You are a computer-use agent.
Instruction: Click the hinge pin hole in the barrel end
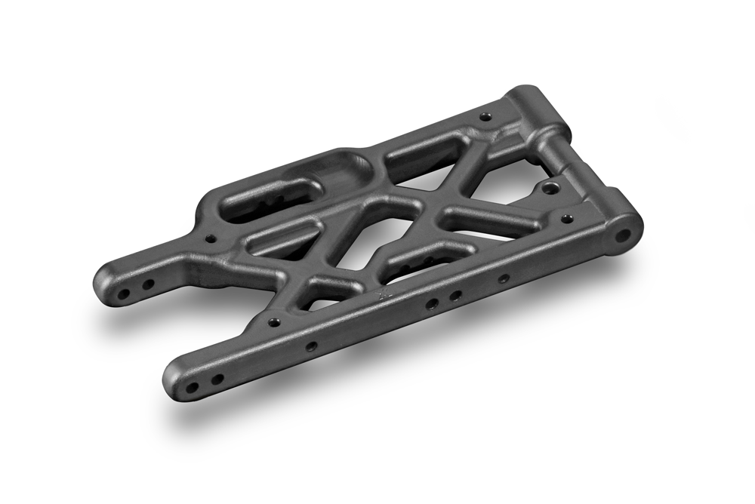point(623,235)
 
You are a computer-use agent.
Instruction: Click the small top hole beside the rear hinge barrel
point(485,117)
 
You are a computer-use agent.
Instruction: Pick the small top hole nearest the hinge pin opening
point(567,219)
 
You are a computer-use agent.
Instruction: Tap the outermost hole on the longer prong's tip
point(193,388)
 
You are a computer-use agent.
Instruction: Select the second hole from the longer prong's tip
point(217,379)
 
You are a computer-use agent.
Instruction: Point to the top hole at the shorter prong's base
point(211,239)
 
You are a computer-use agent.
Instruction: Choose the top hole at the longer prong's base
point(276,322)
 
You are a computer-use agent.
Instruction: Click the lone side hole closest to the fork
point(310,346)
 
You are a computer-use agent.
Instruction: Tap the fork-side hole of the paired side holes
point(432,304)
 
